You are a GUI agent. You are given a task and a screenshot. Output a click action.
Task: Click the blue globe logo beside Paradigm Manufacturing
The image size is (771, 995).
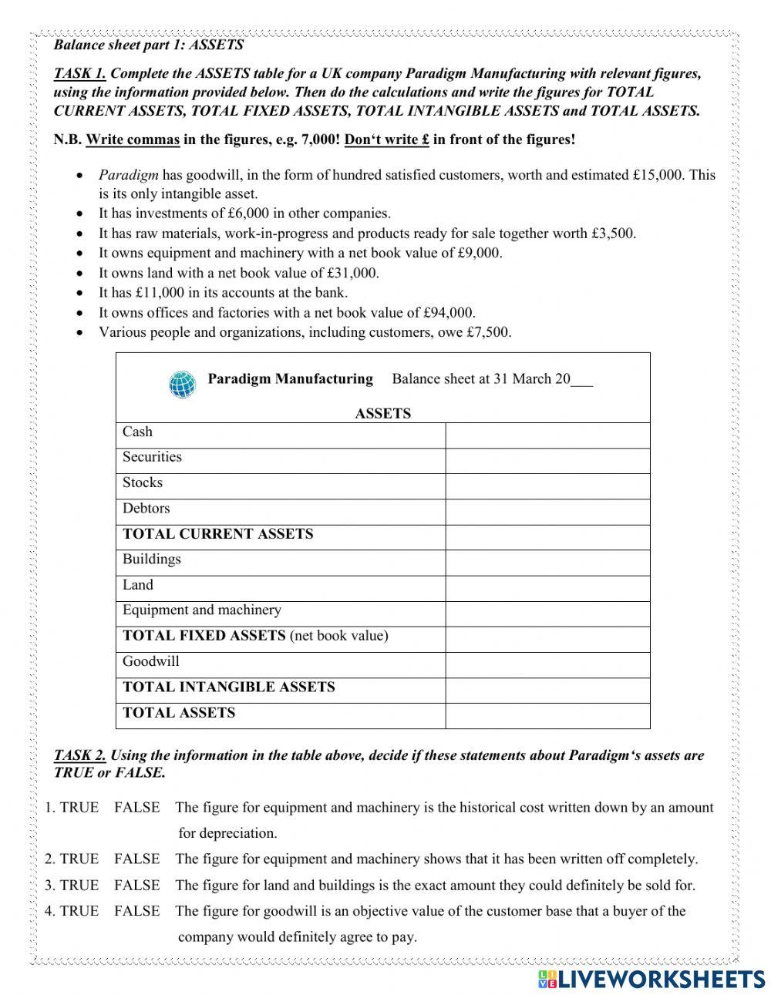pos(183,384)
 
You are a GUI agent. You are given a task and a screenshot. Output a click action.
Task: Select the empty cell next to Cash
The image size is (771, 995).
pos(547,435)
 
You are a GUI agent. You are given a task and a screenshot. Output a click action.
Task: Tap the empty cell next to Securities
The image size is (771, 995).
pos(547,461)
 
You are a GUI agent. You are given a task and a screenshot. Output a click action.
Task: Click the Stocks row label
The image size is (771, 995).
pos(143,482)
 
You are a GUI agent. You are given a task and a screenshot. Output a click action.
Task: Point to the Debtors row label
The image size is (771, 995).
pos(146,508)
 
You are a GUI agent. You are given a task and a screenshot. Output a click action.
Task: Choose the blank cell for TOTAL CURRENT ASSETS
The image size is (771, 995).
pos(547,537)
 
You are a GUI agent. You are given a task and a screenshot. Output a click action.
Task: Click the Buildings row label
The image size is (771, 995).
pos(151,559)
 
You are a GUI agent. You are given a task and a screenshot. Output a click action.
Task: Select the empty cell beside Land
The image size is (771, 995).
pos(547,589)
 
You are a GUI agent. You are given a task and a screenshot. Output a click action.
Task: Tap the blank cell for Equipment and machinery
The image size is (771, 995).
pos(547,614)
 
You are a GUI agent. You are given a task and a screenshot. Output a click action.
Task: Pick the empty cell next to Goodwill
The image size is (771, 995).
pos(547,665)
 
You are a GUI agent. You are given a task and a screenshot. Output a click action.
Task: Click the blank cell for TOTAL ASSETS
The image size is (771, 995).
pos(547,716)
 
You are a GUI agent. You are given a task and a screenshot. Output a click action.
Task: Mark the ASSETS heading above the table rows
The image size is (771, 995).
pos(382,413)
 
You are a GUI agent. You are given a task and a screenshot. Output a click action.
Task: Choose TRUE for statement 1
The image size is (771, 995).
pos(79,808)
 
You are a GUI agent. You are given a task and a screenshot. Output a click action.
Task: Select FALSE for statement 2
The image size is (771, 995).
pos(136,859)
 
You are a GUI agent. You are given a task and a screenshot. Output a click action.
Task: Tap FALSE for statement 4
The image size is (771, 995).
pos(136,911)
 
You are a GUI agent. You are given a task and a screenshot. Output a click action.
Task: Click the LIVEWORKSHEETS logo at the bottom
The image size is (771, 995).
pos(648,978)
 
